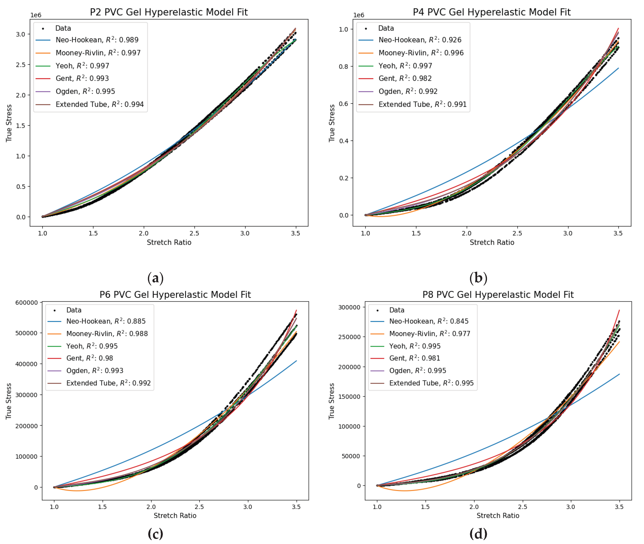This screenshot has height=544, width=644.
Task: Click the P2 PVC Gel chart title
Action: (169, 12)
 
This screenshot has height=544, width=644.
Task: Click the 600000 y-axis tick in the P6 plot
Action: (26, 303)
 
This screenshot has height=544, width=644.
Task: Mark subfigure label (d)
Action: (478, 533)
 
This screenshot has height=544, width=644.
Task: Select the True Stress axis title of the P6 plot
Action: (9, 401)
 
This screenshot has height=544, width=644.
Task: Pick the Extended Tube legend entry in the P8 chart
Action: (431, 383)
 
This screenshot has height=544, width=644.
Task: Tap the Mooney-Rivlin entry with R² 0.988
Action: (107, 334)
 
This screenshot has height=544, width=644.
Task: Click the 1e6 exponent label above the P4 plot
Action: (359, 15)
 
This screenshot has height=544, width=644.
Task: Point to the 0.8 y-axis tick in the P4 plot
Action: (343, 67)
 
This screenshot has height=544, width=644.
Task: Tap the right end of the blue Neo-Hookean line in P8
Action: (619, 374)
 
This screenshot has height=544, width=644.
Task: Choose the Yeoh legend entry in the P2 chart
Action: (82, 66)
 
